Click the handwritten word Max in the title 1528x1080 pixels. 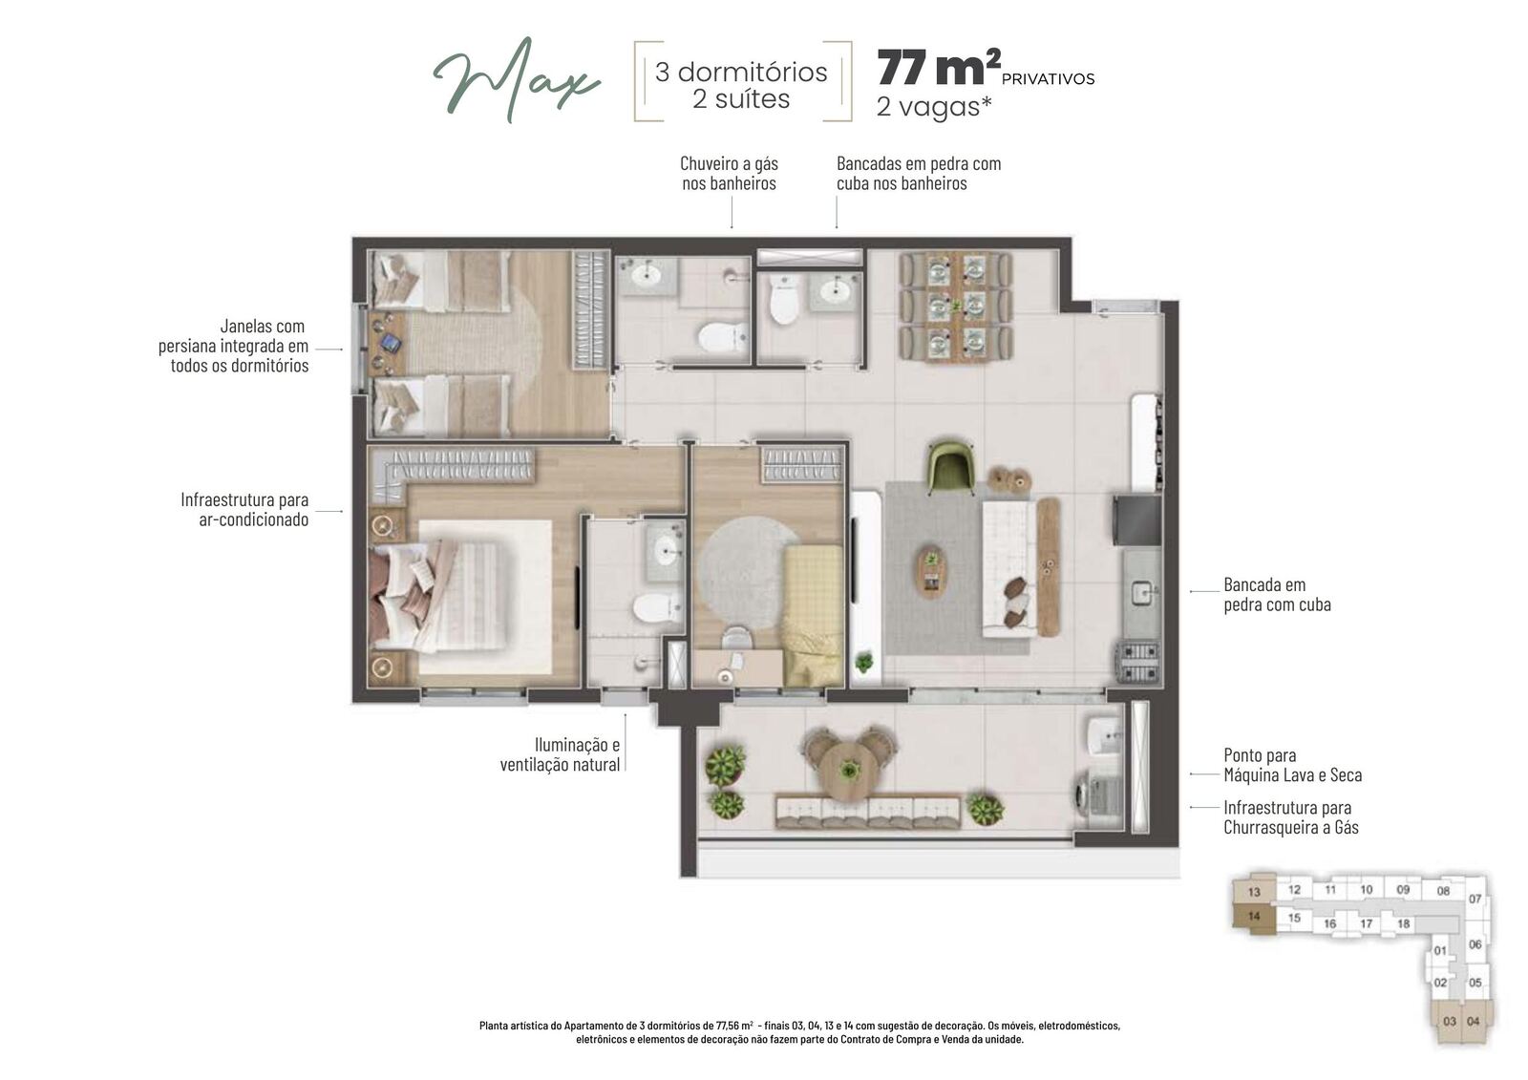pos(517,80)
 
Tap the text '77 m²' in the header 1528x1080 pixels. pos(939,68)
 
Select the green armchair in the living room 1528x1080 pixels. pos(951,467)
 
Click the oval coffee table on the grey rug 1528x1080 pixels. pos(931,570)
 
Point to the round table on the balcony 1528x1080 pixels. pos(849,770)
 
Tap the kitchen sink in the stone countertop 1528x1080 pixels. pos(1141,591)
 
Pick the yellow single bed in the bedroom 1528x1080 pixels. pos(813,615)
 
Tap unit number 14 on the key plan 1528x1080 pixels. pos(1254,917)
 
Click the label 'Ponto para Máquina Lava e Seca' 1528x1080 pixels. pos(1292,765)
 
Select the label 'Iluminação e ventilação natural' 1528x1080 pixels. pos(560,753)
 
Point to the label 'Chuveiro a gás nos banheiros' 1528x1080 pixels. pos(729,173)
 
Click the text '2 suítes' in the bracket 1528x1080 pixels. pos(741,99)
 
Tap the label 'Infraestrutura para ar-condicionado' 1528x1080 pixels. pos(244,509)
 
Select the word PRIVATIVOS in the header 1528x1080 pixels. pos(1048,79)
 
